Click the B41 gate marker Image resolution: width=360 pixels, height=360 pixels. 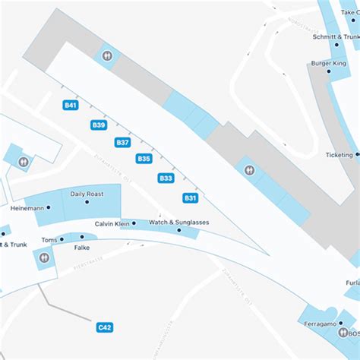pyautogui.click(x=71, y=106)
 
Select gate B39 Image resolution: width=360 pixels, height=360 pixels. pyautogui.click(x=99, y=125)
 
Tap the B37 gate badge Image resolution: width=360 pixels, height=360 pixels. pyautogui.click(x=122, y=142)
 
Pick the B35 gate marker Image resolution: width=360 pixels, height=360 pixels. pyautogui.click(x=144, y=159)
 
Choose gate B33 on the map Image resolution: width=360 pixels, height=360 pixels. pyautogui.click(x=166, y=178)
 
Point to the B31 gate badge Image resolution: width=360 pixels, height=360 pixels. pyautogui.click(x=191, y=197)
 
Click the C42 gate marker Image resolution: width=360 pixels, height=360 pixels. pyautogui.click(x=105, y=327)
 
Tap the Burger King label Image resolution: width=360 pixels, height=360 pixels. pyautogui.click(x=327, y=64)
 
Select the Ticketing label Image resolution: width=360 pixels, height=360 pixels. pyautogui.click(x=339, y=155)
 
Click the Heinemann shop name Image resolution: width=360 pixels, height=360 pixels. pyautogui.click(x=27, y=207)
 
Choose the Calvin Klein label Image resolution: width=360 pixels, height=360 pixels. pyautogui.click(x=112, y=224)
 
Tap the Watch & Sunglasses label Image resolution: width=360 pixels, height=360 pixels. pyautogui.click(x=178, y=222)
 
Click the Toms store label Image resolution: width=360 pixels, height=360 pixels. pyautogui.click(x=49, y=240)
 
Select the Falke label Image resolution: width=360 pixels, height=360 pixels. pyautogui.click(x=81, y=248)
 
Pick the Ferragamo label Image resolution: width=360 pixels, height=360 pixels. pyautogui.click(x=321, y=324)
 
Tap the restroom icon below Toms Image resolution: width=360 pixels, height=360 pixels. pyautogui.click(x=43, y=258)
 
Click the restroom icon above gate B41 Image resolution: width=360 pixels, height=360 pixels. pyautogui.click(x=107, y=55)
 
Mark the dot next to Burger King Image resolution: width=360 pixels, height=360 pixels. pyautogui.click(x=328, y=74)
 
